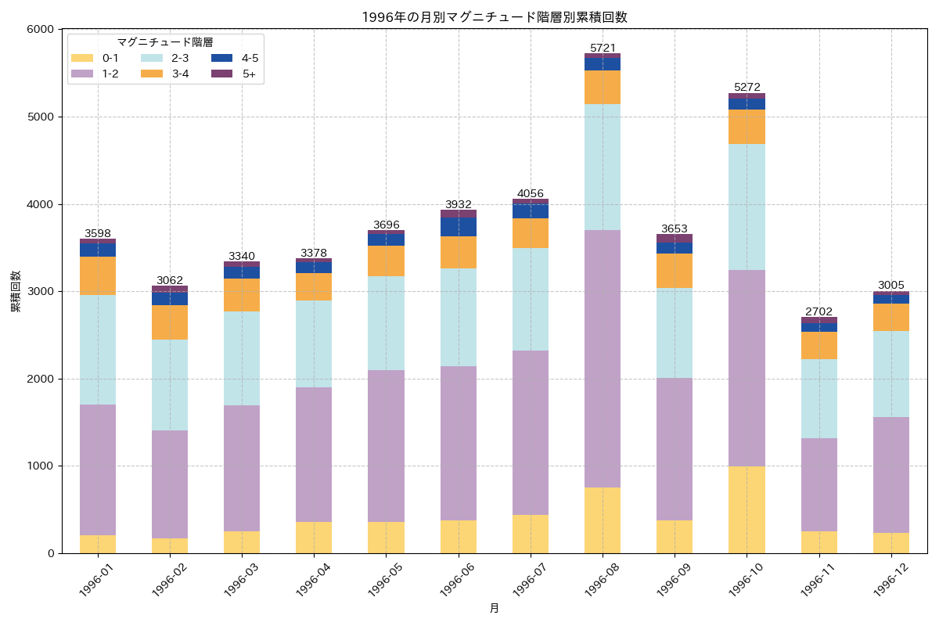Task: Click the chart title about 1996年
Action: pyautogui.click(x=494, y=17)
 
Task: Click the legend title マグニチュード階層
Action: pyautogui.click(x=165, y=42)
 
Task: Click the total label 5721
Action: pyautogui.click(x=603, y=48)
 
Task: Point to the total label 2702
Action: pyautogui.click(x=818, y=311)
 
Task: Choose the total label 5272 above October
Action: pyautogui.click(x=747, y=87)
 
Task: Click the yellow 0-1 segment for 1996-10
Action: pyautogui.click(x=747, y=509)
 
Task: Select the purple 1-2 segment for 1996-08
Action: pyautogui.click(x=603, y=358)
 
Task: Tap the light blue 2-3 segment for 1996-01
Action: pyautogui.click(x=98, y=350)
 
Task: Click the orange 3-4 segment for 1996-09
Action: pyautogui.click(x=675, y=271)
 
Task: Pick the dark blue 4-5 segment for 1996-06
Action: pyautogui.click(x=459, y=227)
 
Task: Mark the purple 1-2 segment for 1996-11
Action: pyautogui.click(x=818, y=484)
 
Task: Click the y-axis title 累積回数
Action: pyautogui.click(x=16, y=292)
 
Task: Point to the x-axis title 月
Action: pyautogui.click(x=494, y=609)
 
